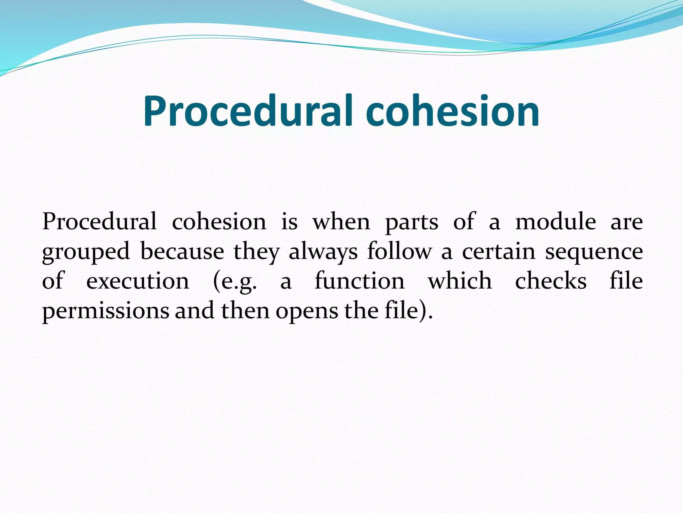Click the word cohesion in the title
[x=452, y=111]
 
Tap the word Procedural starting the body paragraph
[x=99, y=221]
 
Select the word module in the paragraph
[x=556, y=221]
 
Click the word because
[x=182, y=251]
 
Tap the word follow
[x=400, y=251]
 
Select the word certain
[x=499, y=251]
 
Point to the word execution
[x=138, y=281]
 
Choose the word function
[x=360, y=281]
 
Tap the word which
[x=460, y=281]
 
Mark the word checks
[x=551, y=281]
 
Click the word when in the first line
[x=341, y=221]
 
